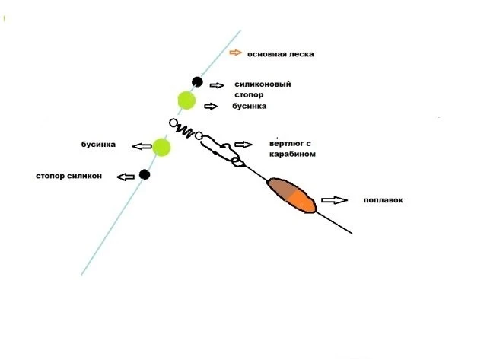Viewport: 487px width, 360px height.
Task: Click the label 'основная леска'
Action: [281, 54]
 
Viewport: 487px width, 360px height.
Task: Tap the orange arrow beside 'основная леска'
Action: [235, 53]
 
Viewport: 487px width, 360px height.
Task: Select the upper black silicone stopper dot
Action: [197, 82]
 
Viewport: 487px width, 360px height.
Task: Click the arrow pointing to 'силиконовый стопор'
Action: [217, 85]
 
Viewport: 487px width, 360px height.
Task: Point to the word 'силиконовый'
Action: [263, 84]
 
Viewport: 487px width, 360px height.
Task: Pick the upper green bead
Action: [186, 100]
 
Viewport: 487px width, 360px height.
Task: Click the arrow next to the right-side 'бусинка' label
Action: [211, 107]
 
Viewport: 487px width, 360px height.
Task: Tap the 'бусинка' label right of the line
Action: [249, 107]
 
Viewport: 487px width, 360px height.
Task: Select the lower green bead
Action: [161, 147]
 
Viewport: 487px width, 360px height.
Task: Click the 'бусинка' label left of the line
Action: [98, 145]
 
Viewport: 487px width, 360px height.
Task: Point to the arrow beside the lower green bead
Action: [142, 146]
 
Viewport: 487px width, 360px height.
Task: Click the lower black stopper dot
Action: [145, 174]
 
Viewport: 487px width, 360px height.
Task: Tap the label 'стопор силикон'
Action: [69, 176]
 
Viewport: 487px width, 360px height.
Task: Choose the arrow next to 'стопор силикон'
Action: [126, 177]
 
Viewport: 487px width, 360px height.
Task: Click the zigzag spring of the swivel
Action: [186, 131]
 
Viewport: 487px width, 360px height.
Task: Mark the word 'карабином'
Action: [292, 154]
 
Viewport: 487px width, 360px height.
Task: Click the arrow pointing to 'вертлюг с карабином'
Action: [243, 145]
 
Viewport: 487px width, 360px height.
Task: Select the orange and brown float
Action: [291, 196]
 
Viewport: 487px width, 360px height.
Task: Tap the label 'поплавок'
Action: [384, 200]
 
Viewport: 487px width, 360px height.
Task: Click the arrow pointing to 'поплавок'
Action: [335, 200]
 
